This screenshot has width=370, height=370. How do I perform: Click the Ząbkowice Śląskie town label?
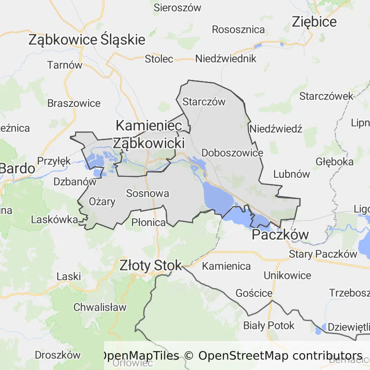pos(87,40)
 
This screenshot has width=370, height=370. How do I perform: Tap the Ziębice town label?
pos(314,22)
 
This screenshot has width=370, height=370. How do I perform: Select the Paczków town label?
pos(280,235)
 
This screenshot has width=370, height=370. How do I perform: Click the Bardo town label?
pos(17,169)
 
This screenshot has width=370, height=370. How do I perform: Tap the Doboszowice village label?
pos(232,153)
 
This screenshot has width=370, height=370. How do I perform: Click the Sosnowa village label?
pos(147,194)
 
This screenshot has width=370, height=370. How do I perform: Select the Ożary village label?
pos(102,201)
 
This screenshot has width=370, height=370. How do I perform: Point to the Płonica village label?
pos(148,222)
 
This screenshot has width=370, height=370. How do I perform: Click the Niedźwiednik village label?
pos(225,59)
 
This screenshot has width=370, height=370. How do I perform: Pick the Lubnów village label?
pos(291,174)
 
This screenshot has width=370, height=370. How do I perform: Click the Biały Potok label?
pos(269,325)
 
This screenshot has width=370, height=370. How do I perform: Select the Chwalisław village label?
pos(100,307)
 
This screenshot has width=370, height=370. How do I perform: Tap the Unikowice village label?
pos(287,275)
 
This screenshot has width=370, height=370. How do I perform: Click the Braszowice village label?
pos(74,103)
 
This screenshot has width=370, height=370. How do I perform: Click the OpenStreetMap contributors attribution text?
pos(280,356)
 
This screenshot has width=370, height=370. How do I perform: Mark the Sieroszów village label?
pos(177,7)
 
